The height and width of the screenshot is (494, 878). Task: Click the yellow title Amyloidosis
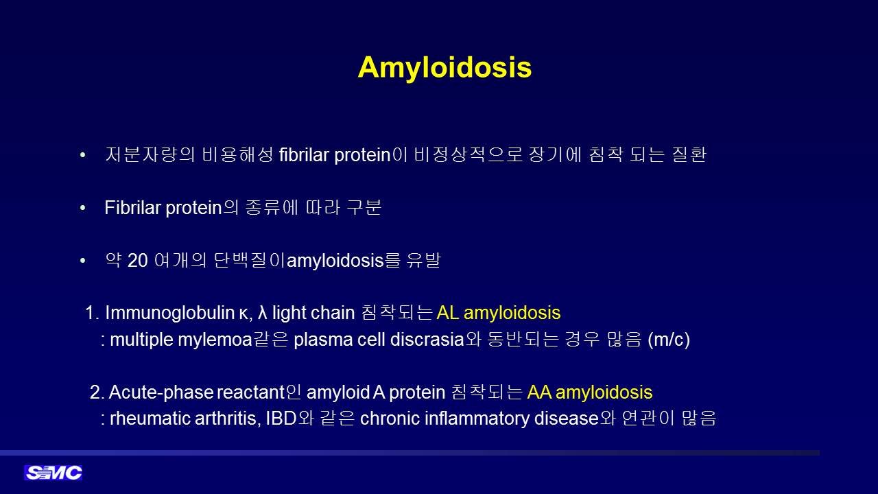tap(444, 68)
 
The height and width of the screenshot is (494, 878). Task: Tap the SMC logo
tap(54, 473)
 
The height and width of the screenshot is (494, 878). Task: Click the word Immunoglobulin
tap(169, 314)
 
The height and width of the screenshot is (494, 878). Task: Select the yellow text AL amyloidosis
tap(499, 313)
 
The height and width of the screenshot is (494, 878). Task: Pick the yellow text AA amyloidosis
tap(590, 392)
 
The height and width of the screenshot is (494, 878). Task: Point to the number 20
tap(138, 260)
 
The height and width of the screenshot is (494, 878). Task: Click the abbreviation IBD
tap(281, 419)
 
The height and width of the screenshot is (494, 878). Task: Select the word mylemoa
tap(215, 340)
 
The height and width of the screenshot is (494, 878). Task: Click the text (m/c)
tap(669, 340)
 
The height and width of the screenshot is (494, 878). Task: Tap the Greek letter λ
tap(263, 313)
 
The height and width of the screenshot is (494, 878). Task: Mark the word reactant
tap(250, 392)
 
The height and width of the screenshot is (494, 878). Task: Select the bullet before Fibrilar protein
tap(83, 208)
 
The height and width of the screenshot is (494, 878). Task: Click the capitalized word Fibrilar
tap(133, 207)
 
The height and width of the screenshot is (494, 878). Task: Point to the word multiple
tap(141, 340)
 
